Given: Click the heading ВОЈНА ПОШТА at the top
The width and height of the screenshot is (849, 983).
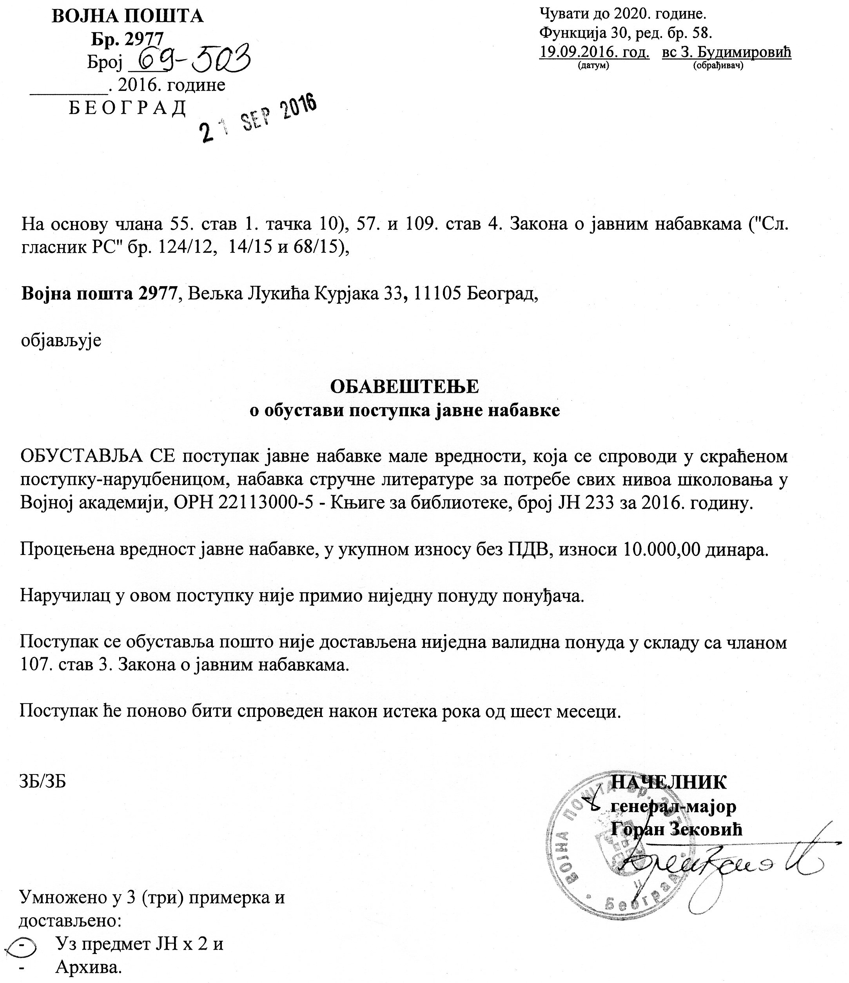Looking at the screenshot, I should (x=127, y=16).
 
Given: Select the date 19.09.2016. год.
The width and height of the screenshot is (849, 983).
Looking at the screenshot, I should (x=594, y=52).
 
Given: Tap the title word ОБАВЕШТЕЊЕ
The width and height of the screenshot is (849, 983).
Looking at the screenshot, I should (x=405, y=386).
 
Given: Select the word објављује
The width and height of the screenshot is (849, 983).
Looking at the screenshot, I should (x=61, y=341).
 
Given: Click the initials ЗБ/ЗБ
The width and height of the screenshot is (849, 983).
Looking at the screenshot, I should (x=43, y=782).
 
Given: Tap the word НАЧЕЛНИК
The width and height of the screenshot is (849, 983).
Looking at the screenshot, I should (x=668, y=782).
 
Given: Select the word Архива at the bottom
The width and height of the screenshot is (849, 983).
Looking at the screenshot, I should (x=88, y=967).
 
